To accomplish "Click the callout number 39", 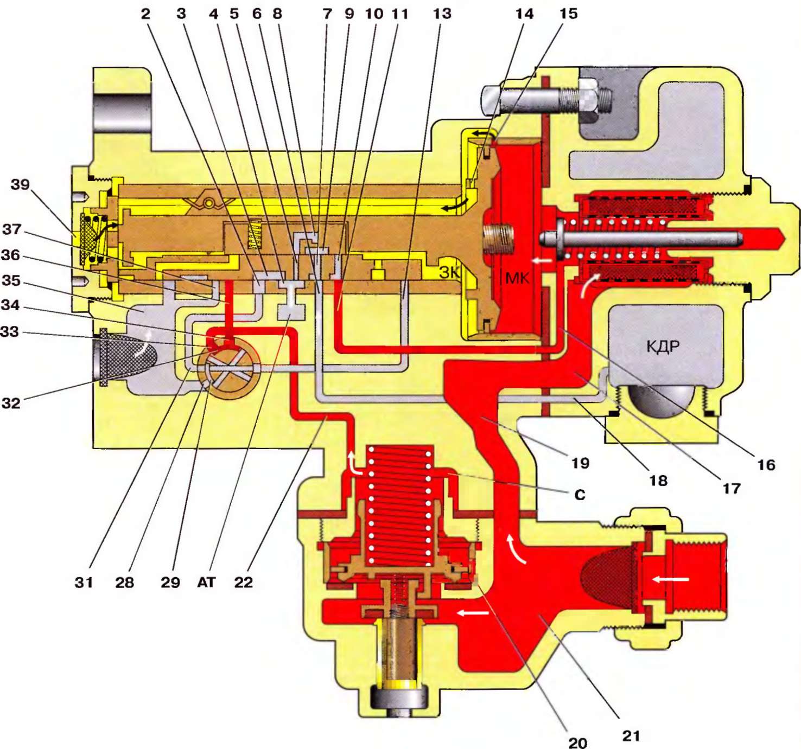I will pos(20,184).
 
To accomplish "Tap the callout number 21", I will pos(631,736).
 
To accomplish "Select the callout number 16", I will pos(766,465).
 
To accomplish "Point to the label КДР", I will pos(663,346).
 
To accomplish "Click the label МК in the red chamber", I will pos(517,278).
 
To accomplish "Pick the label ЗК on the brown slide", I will pos(449,272).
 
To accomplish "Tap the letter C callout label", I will pos(580,495).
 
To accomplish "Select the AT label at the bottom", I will pos(206,582).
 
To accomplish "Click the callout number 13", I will pos(442,14).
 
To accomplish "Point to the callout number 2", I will pos(145,14).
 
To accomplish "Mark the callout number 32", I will pos(11,403).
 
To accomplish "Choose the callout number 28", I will pos(124,582).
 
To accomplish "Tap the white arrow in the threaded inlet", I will pos(671,579).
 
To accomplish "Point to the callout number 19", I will pos(580,463).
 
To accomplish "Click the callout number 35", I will pos(11,280).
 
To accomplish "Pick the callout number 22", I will pos(244,582).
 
